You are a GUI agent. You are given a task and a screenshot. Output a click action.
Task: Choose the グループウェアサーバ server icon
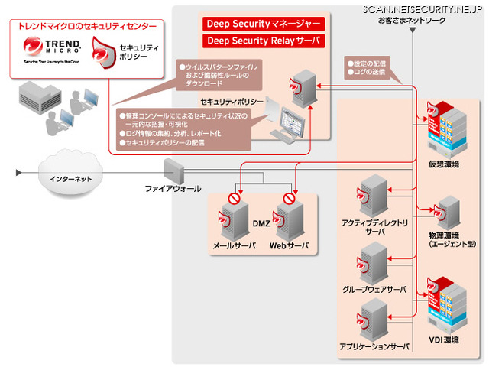(374, 262)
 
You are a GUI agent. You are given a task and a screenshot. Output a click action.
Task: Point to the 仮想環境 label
(442, 164)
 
